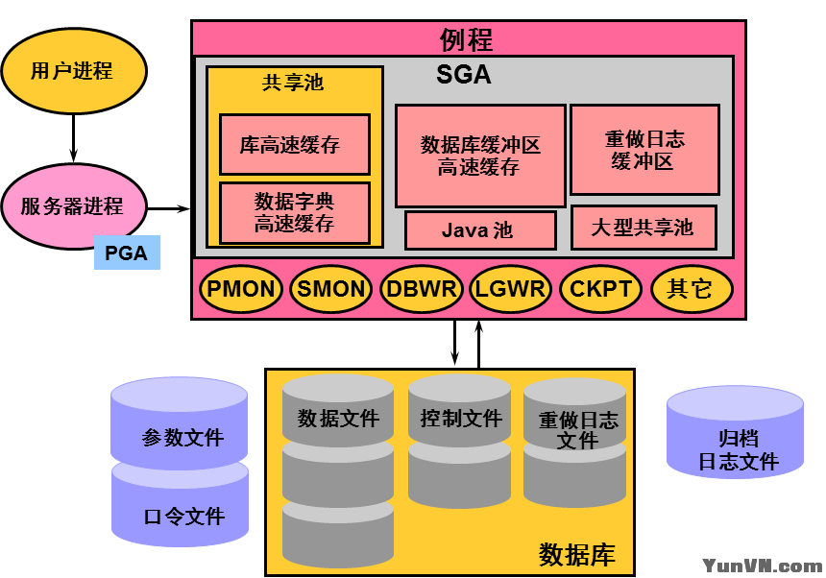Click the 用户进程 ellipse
tap(73, 71)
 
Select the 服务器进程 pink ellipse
tap(72, 205)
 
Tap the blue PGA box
tap(126, 253)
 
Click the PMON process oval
tap(241, 289)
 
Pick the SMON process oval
tap(331, 289)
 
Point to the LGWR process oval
tap(509, 289)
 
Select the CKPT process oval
tap(600, 289)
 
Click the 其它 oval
tap(691, 289)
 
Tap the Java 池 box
tap(480, 230)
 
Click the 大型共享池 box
tap(643, 228)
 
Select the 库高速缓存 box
tap(294, 145)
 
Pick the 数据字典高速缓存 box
tap(294, 213)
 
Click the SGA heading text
tap(463, 74)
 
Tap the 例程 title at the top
tap(467, 39)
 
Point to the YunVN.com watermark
tap(762, 566)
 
